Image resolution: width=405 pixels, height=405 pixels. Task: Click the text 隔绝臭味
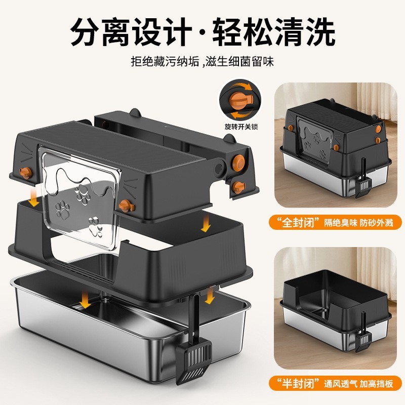pos(336,222)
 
